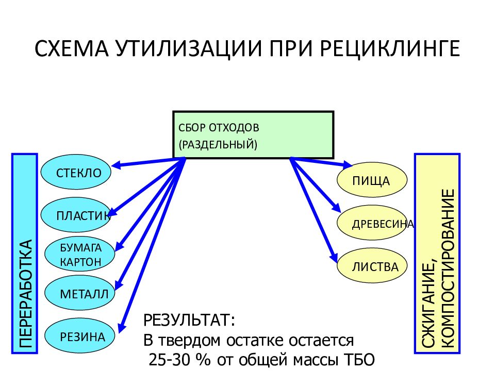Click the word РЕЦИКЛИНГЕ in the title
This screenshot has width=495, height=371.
[390, 48]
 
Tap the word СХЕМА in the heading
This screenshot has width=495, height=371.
[72, 48]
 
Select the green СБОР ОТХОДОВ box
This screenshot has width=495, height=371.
[253, 134]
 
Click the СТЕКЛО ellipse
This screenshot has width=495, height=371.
[76, 172]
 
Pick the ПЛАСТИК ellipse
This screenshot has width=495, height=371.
[76, 215]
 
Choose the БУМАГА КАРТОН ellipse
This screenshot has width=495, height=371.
[79, 254]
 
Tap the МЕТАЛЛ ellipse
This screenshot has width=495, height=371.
[79, 293]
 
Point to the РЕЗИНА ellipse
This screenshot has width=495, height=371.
[79, 336]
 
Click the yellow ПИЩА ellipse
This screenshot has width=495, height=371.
[372, 180]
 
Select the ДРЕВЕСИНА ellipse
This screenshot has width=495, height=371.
[372, 223]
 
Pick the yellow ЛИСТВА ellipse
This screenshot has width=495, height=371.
[372, 266]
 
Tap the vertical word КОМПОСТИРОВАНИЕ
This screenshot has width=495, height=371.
[448, 268]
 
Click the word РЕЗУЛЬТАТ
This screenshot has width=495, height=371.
[189, 320]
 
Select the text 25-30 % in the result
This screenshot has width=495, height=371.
[179, 359]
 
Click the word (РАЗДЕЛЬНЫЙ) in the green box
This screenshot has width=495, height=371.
[218, 144]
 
